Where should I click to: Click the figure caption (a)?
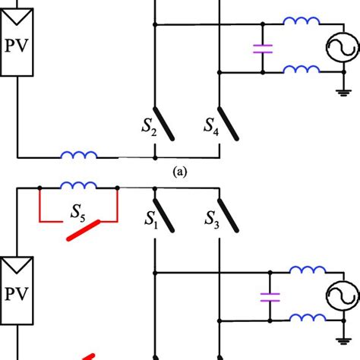(179, 172)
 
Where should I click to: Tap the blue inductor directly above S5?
(78, 185)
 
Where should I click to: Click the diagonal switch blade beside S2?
(167, 123)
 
